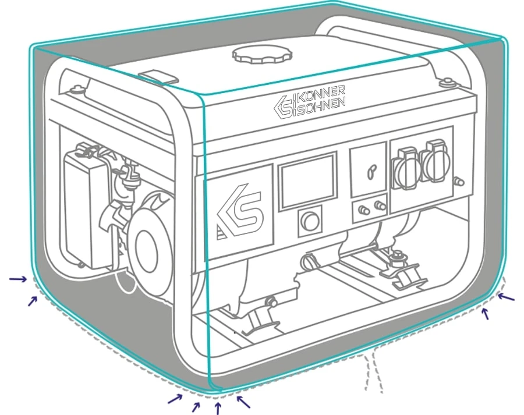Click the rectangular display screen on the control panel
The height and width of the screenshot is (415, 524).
tap(307, 181)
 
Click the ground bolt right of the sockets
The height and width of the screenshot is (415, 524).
tap(459, 182)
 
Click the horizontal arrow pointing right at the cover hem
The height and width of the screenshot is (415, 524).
tap(18, 279)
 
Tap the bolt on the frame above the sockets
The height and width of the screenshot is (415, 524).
tap(447, 81)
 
